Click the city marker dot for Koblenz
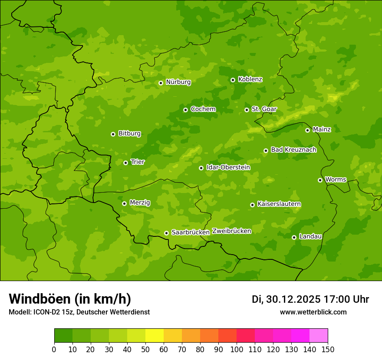pos(233,80)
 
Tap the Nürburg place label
pos(178,82)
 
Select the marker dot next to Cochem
pos(186,110)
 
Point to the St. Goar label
pos(264,109)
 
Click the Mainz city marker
pos(308,130)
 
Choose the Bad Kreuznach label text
pos(293,150)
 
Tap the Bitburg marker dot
pos(113,134)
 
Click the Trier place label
pos(138,162)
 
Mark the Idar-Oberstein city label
pos(228,167)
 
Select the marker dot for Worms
pos(320,180)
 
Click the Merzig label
pos(140,203)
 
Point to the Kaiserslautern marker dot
pos(253,205)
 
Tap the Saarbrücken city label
pos(191,232)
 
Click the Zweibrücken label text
pos(232,231)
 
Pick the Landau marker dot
pos(294,237)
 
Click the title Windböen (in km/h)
pos(70,299)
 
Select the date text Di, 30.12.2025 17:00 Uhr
pos(310,299)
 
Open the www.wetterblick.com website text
pos(313,312)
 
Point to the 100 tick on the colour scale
pos(237,349)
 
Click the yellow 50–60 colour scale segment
pos(155,335)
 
